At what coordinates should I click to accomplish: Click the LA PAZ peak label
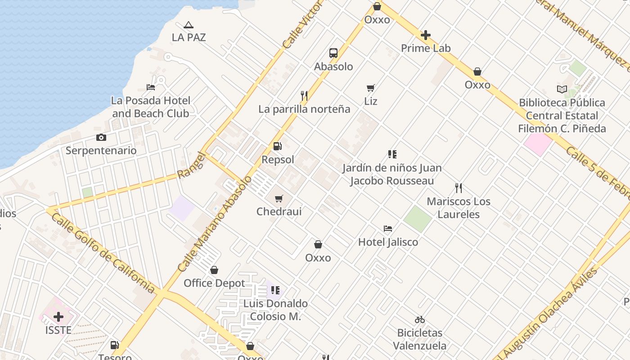coord(189,37)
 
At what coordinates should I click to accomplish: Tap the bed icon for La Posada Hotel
coord(151,87)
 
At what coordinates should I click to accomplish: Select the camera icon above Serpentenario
coord(101,137)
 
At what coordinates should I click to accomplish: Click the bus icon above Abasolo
coord(333,53)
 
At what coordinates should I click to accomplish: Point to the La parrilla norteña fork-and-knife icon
coord(304,96)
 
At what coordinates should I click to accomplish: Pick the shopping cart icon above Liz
coord(371,88)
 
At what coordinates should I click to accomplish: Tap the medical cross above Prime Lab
coord(426,35)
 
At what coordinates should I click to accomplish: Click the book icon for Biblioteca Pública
coord(562,89)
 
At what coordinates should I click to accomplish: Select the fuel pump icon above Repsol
coord(278,146)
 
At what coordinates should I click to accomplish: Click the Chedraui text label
coord(279,211)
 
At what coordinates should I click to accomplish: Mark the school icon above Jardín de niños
coord(392,155)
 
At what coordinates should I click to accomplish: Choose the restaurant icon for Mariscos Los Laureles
coord(459,188)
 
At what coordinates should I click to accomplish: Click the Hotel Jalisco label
coord(388,242)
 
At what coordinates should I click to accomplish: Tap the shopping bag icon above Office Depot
coord(214,270)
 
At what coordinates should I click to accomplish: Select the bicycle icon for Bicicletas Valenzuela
coord(420,319)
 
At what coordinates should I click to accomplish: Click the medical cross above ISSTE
coord(58,317)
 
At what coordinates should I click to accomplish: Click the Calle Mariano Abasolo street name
coord(215,224)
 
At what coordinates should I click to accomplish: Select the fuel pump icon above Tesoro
coord(115,345)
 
